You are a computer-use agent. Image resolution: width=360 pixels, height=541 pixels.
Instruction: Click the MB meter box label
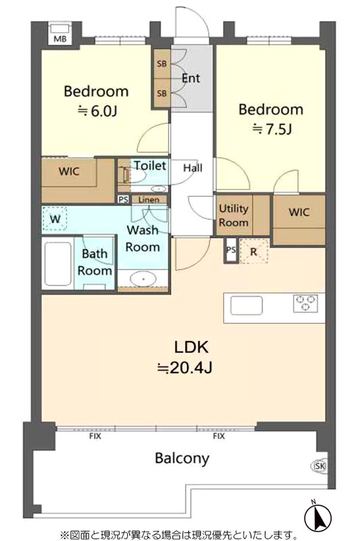60,39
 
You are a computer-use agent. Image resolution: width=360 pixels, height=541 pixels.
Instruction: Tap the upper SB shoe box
162,64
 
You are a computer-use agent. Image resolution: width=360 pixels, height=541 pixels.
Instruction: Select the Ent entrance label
191,78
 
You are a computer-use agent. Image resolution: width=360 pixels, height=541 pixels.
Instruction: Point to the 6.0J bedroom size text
98,111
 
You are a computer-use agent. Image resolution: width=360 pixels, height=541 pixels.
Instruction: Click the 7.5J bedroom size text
272,129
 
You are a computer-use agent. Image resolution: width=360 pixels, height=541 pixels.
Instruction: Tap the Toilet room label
150,166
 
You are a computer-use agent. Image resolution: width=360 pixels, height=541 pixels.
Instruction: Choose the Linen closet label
149,199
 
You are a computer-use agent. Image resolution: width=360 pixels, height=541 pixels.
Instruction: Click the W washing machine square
55,218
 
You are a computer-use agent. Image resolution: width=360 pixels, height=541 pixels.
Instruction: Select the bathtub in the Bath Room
58,264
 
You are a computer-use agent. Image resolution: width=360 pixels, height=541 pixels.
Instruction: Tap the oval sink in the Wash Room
143,278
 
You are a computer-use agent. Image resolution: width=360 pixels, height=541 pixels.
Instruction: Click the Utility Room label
233,215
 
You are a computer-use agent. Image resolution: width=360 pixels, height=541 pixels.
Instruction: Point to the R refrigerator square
254,251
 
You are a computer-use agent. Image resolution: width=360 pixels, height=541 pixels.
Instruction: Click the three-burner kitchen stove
305,303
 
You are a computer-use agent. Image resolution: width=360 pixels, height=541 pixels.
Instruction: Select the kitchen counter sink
246,306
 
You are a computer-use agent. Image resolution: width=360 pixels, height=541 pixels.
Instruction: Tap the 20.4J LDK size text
185,368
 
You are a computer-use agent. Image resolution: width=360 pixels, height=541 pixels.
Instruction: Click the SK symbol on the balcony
319,466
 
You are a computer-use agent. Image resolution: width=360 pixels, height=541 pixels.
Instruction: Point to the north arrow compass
317,517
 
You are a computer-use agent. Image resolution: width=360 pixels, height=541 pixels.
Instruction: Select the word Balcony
182,458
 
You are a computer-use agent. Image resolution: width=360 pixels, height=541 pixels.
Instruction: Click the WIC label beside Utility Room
299,212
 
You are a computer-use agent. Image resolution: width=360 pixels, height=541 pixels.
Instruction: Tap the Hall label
193,168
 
